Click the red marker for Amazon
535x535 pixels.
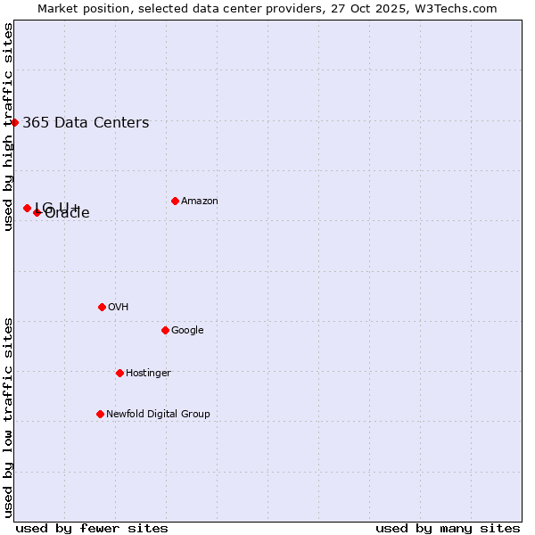coord(175,201)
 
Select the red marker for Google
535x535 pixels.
coord(165,330)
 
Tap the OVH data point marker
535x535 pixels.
coord(102,307)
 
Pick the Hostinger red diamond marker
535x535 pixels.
coord(119,373)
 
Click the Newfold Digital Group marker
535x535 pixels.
coord(100,414)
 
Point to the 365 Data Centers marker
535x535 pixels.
coord(15,122)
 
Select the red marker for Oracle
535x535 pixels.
coord(37,212)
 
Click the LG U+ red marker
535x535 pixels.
coord(27,208)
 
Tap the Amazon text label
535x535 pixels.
coord(200,202)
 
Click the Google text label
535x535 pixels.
coord(187,331)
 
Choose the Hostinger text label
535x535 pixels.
coord(148,374)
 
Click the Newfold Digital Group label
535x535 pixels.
coord(158,415)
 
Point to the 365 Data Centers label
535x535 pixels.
coord(86,123)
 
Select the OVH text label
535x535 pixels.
coord(119,308)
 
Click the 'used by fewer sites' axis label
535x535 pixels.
coord(92,528)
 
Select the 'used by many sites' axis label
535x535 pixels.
coord(448,528)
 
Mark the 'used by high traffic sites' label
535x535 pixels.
coord(8,127)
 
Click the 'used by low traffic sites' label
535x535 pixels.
coord(8,417)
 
